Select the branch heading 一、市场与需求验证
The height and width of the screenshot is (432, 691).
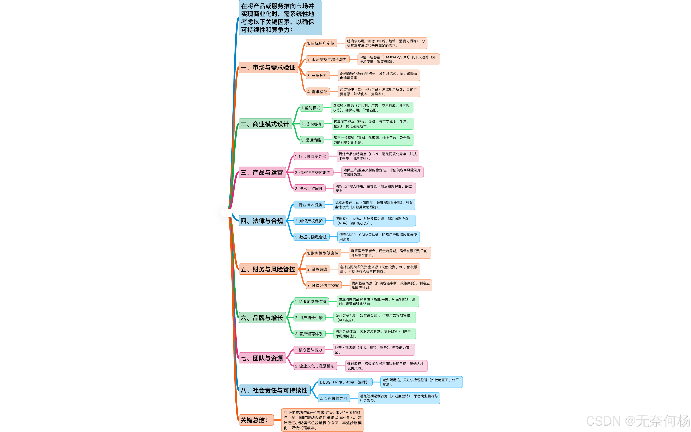coord(268,67)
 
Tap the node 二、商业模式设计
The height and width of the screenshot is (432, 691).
coord(265,124)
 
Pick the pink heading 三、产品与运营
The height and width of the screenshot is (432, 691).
coord(262,173)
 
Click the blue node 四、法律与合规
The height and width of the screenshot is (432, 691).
coord(262,221)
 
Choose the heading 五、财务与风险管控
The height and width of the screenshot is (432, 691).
coord(268,269)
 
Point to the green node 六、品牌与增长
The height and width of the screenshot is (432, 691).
coord(262,318)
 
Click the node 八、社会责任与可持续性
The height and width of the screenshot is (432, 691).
coord(274,390)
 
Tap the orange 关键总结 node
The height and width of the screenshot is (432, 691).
coord(255,420)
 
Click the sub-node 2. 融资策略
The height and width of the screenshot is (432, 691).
coord(317,269)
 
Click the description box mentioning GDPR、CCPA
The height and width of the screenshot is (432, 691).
coord(378,237)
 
